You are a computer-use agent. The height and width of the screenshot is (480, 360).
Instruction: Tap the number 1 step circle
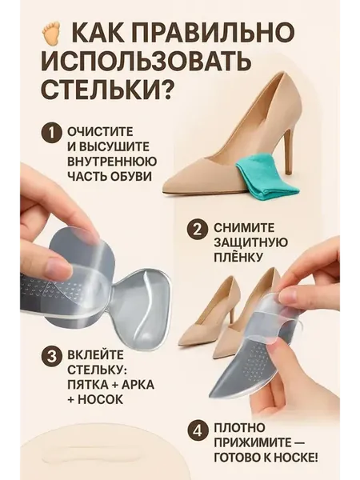coord(51,133)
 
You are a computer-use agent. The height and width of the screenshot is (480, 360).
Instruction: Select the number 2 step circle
coord(198,229)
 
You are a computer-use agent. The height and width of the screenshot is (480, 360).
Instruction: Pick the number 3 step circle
coord(51,356)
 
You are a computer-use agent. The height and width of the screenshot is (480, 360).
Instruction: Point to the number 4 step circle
coord(198,431)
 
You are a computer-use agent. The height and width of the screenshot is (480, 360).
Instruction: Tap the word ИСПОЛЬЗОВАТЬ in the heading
coord(146,59)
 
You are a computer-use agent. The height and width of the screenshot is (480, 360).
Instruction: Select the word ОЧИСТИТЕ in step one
coord(100,132)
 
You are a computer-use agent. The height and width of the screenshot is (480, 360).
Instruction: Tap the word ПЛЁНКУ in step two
coord(238,257)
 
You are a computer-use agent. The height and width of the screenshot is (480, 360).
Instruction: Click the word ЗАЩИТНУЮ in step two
coord(250,242)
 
